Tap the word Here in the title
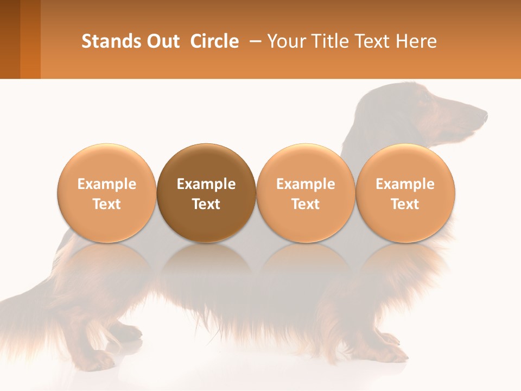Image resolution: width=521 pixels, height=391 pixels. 416,41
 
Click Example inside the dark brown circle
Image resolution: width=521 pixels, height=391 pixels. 206,184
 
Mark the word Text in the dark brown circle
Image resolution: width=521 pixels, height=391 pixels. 206,204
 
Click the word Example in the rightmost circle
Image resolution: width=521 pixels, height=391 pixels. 405,184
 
